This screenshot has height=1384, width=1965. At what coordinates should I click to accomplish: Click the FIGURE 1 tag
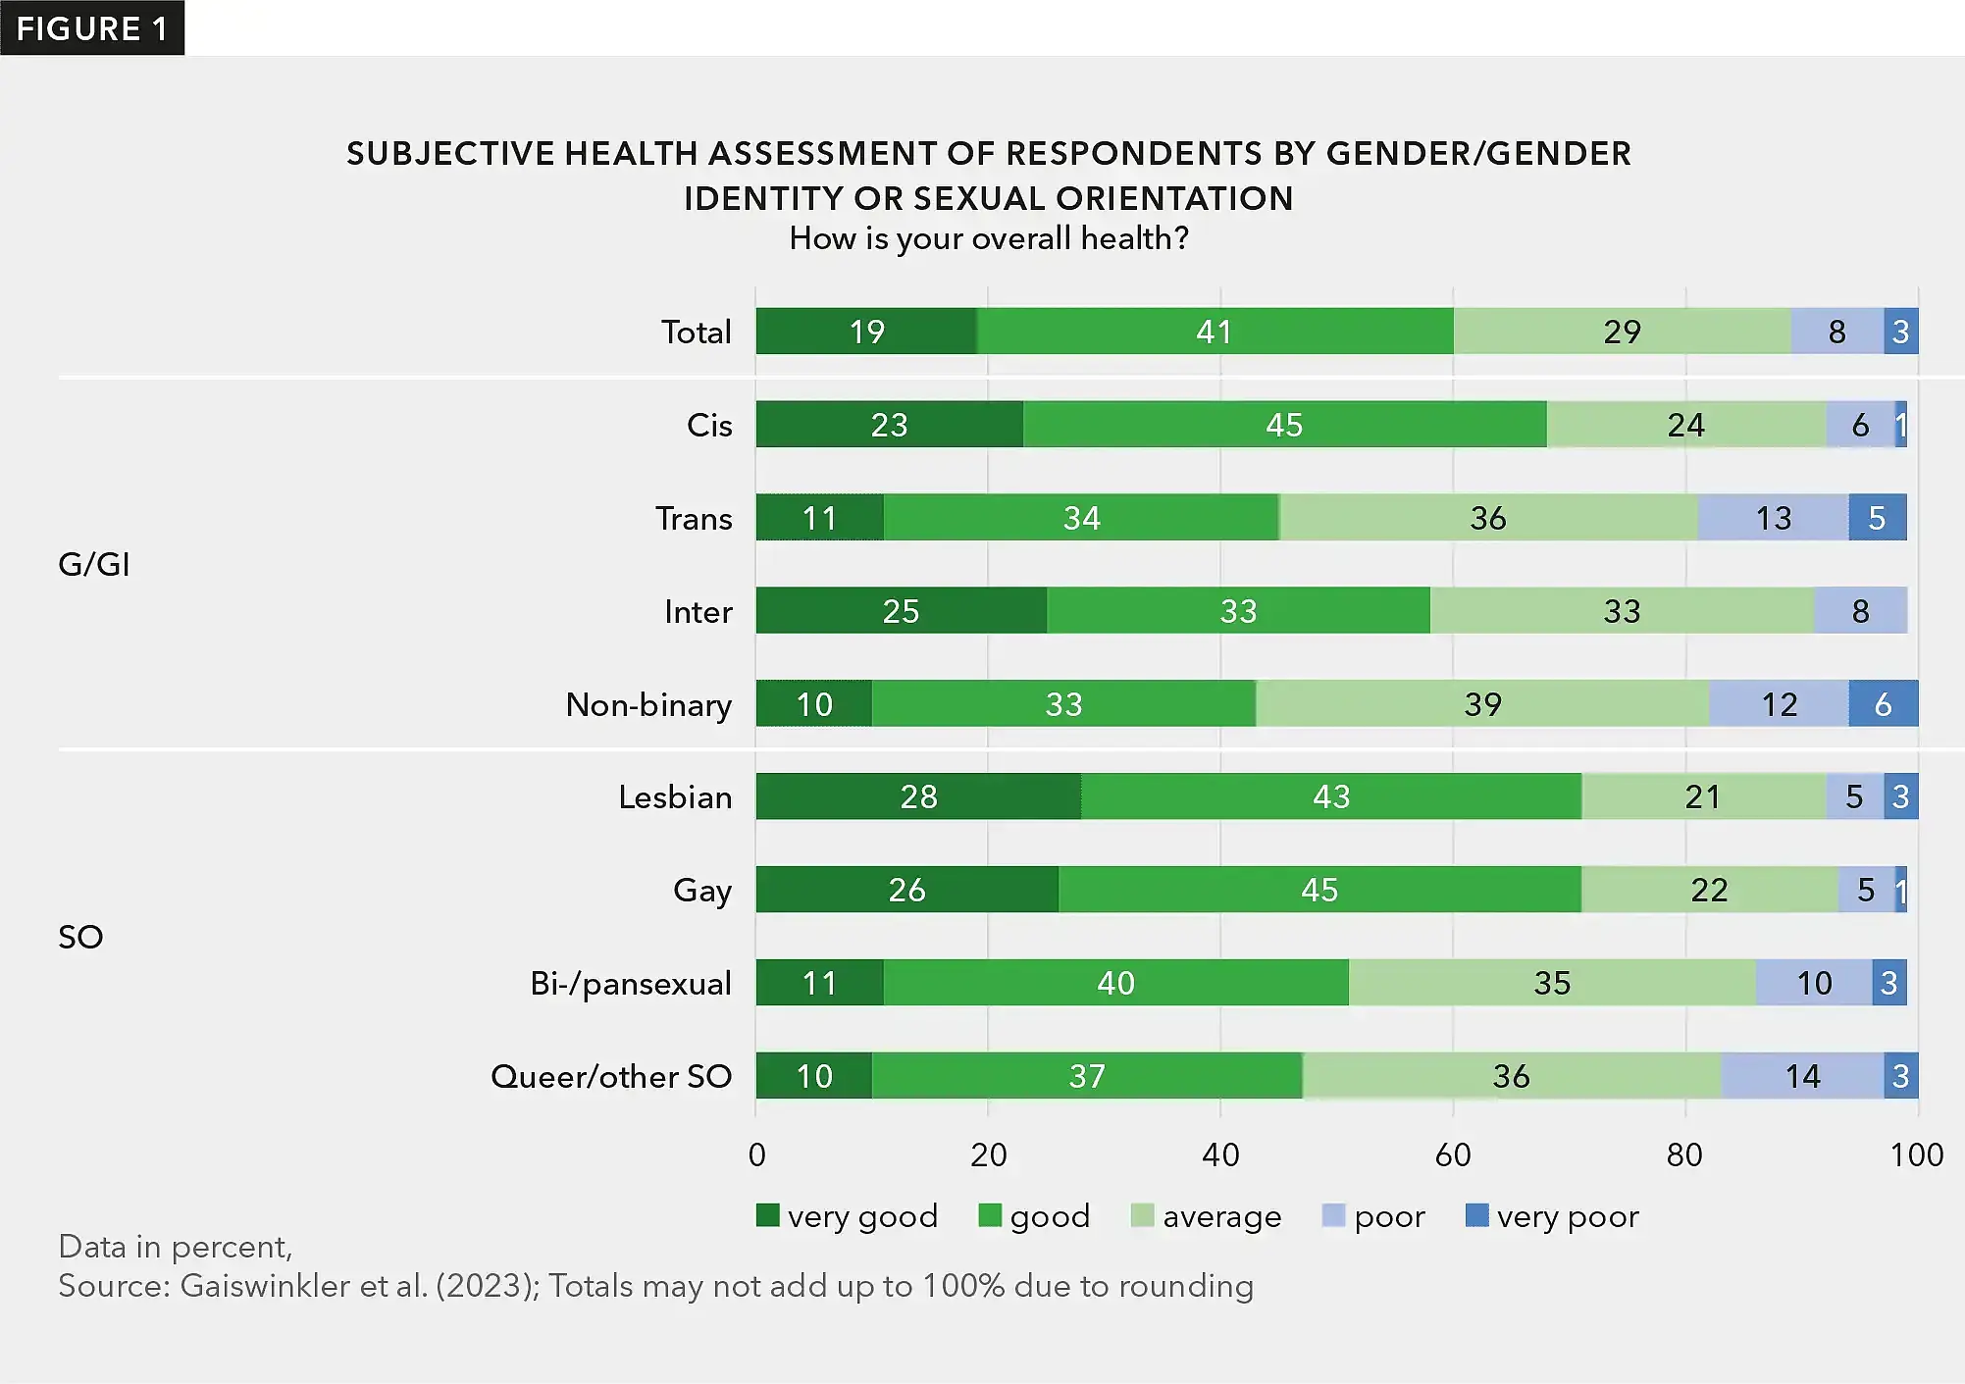[92, 28]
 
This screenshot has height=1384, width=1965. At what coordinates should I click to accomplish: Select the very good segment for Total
[866, 332]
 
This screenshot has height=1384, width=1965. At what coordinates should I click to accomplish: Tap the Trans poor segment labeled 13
[1773, 518]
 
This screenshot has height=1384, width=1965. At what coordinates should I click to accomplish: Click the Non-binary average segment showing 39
[1482, 704]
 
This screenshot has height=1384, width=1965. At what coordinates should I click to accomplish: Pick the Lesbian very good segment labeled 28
[918, 796]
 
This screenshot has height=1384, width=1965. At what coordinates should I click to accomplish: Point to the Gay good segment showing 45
[1319, 890]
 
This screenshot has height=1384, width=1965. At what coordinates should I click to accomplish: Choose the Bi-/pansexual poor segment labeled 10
[1814, 983]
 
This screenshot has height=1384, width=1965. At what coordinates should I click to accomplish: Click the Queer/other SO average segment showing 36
[1511, 1076]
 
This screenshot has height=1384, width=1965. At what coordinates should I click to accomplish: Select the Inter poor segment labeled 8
[1860, 611]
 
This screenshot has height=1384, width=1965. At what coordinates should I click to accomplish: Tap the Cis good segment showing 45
[1284, 425]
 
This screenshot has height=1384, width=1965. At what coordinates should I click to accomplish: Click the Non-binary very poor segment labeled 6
[1883, 704]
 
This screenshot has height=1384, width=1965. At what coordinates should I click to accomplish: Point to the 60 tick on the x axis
[1452, 1154]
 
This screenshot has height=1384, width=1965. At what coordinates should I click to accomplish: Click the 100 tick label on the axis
[1916, 1154]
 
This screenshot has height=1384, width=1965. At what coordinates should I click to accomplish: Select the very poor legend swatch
[1476, 1215]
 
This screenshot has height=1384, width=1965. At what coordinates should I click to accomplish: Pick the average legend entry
[1207, 1216]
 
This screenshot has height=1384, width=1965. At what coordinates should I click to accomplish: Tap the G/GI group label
[94, 565]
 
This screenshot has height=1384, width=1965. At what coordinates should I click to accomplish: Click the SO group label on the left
[80, 937]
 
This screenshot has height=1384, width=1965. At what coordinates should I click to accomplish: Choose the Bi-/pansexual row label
[631, 983]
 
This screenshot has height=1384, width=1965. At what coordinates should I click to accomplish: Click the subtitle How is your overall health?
[989, 238]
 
